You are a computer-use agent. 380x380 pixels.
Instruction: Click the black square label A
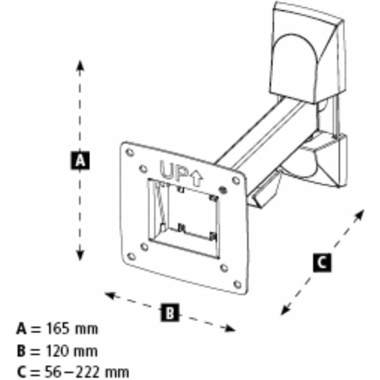[x=80, y=160]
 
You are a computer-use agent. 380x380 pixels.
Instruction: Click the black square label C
[x=322, y=262]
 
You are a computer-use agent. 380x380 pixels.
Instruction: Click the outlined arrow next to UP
[x=197, y=178]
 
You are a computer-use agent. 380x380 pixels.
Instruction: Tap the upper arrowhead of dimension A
[x=80, y=64]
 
